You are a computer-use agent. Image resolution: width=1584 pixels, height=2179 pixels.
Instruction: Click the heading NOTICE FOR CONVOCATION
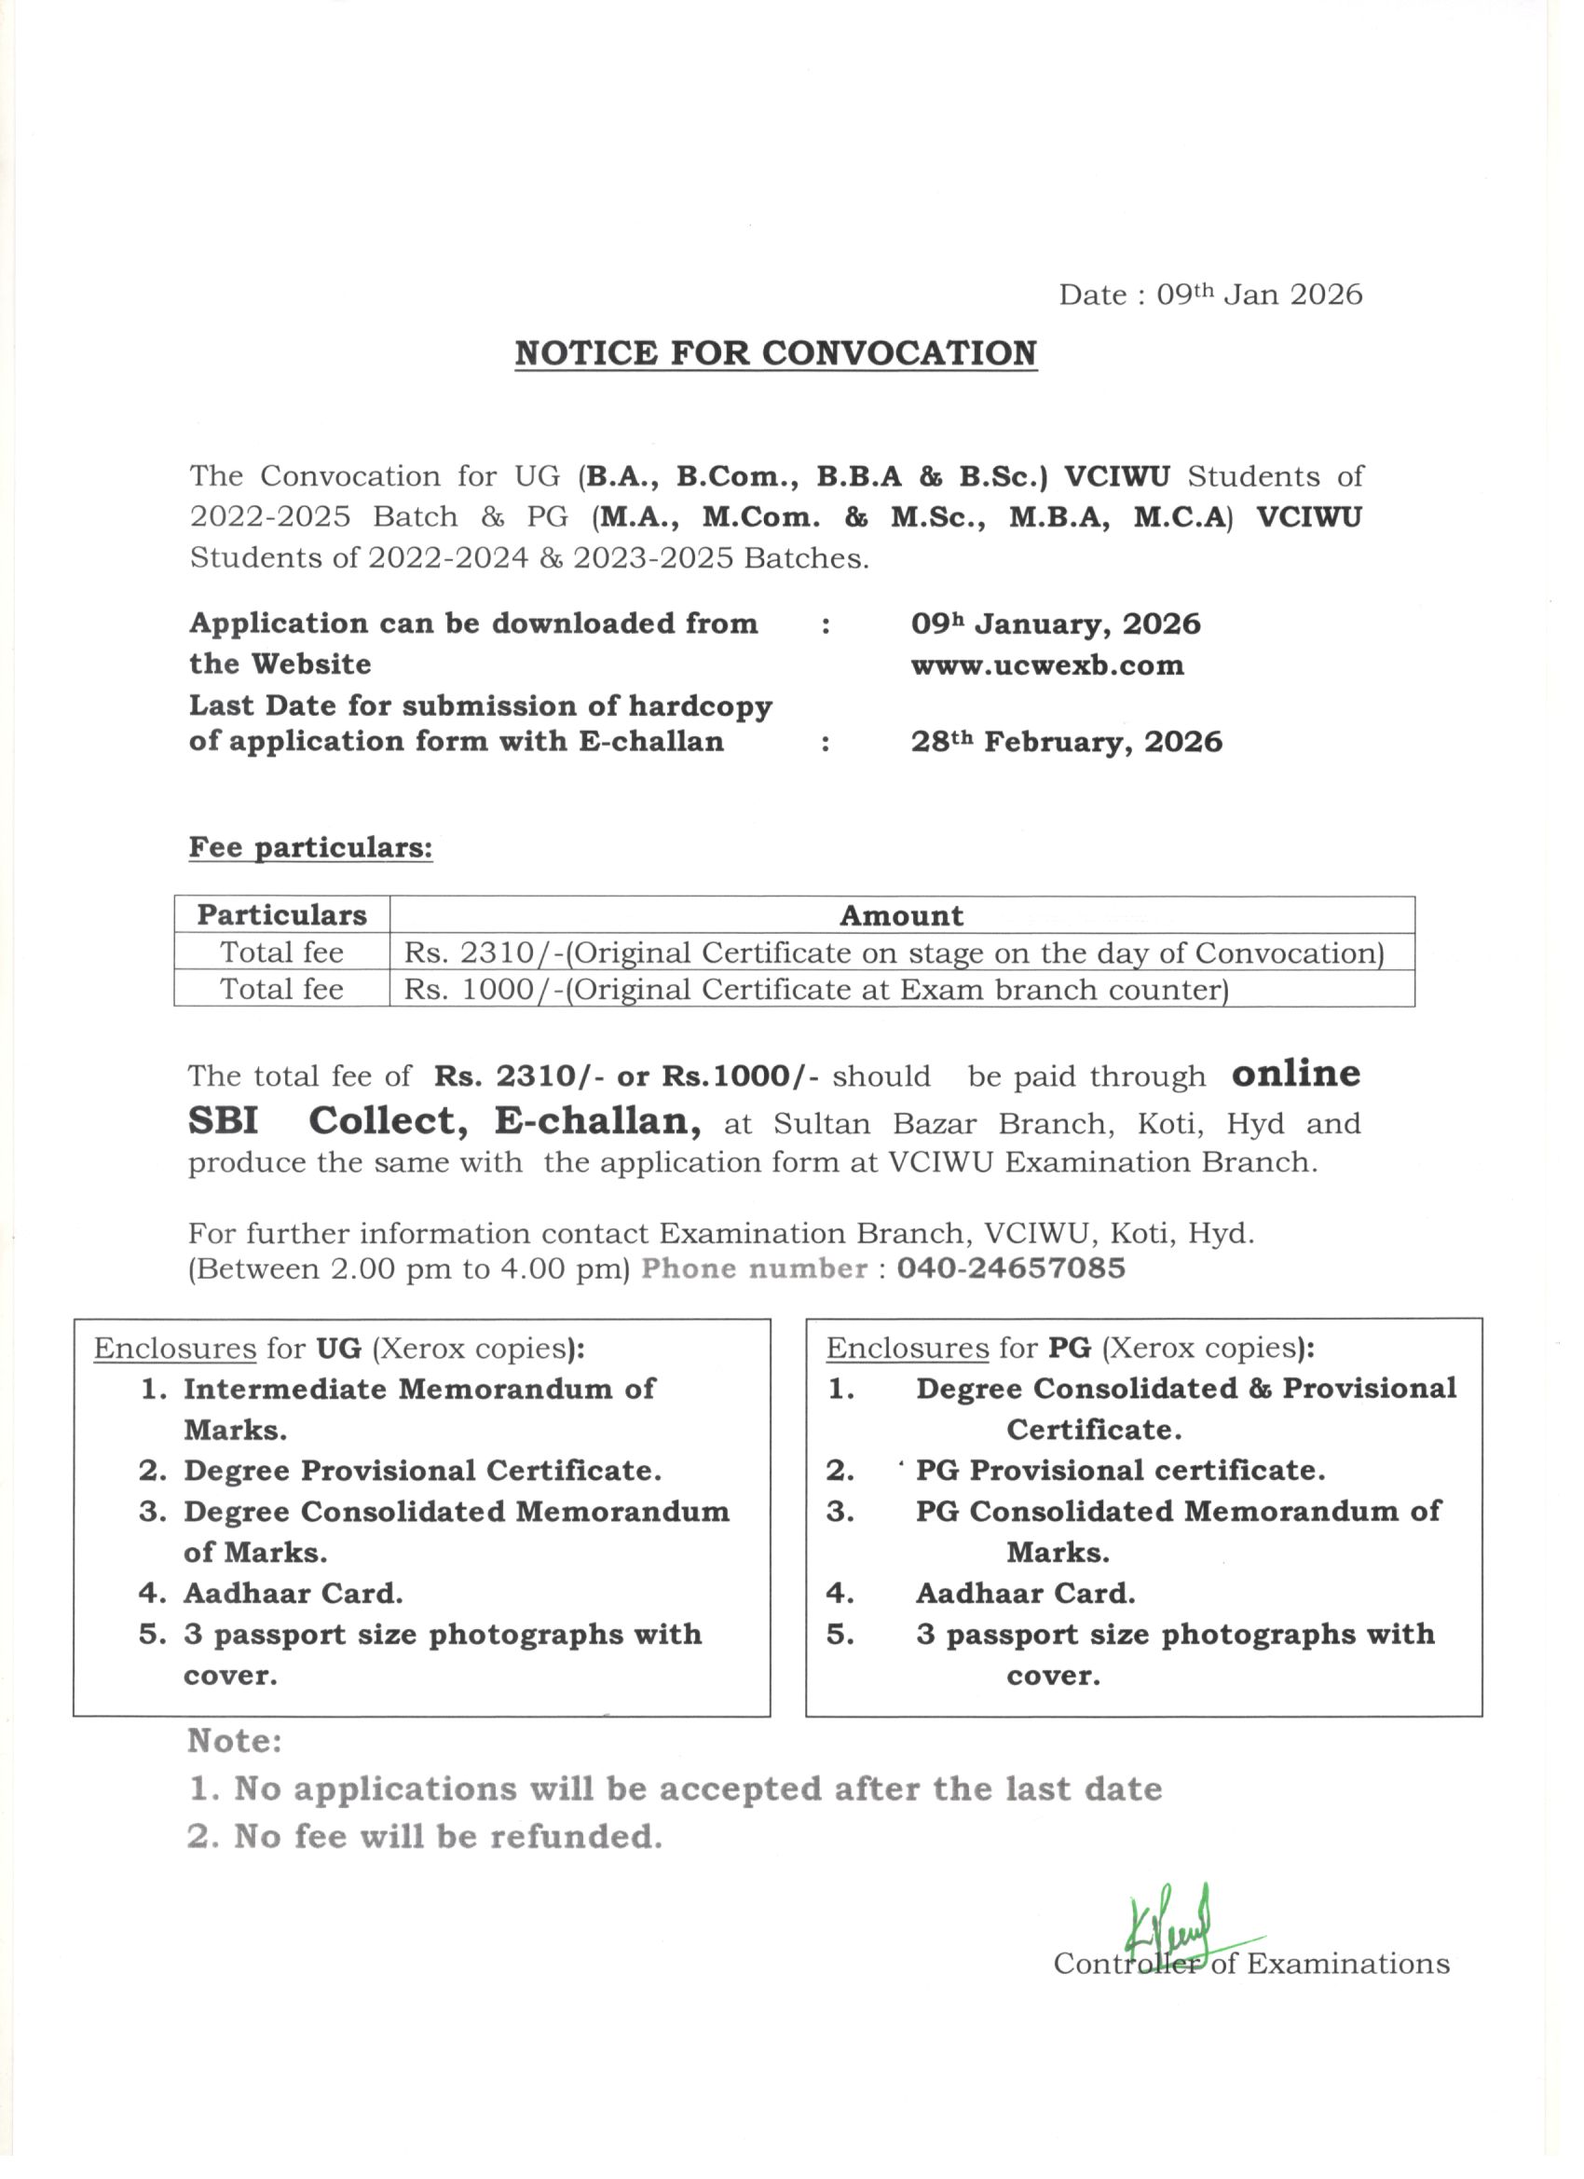point(775,353)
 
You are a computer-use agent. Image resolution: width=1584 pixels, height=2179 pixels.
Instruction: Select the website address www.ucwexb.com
point(1047,665)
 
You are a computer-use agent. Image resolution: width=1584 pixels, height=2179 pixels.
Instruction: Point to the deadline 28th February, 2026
point(1066,742)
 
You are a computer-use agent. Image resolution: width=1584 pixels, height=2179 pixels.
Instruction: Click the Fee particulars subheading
point(310,847)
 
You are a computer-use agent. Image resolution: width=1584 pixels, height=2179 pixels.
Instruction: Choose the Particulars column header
point(281,914)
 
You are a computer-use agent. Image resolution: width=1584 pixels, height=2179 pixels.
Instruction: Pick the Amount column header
point(901,915)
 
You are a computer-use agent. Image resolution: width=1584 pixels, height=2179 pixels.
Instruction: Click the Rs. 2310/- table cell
point(894,952)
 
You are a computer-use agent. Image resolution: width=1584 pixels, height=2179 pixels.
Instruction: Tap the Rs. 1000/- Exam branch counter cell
point(815,989)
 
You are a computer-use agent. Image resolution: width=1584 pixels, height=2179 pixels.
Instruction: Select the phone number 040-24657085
point(1011,1268)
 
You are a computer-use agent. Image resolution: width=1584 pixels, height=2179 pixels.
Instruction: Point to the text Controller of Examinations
point(1250,1963)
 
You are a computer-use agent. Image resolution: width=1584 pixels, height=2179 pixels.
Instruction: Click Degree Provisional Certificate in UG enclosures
point(423,1471)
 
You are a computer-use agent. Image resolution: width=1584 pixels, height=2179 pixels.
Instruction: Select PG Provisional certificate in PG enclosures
point(1120,1471)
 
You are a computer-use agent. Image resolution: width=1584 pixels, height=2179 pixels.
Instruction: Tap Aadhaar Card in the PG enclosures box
point(1025,1594)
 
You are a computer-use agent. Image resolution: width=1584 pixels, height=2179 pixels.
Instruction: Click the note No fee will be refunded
point(425,1837)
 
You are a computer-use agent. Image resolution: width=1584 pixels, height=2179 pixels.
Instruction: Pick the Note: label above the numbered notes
point(235,1741)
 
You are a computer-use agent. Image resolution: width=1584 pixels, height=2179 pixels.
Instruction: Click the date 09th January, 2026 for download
point(1056,624)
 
